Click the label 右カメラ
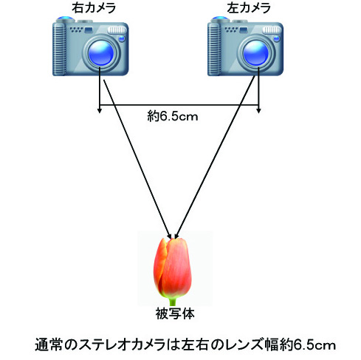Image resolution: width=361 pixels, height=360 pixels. click(x=94, y=8)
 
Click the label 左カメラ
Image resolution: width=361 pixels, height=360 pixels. click(x=249, y=8)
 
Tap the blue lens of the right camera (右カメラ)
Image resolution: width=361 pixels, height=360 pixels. click(x=101, y=53)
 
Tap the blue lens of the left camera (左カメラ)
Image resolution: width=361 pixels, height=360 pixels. click(x=256, y=53)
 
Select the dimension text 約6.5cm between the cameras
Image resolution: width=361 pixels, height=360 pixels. click(x=173, y=116)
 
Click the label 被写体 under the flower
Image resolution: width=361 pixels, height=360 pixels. click(x=175, y=313)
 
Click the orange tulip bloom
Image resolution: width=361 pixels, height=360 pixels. click(x=173, y=268)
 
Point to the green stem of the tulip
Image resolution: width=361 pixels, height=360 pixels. click(x=173, y=301)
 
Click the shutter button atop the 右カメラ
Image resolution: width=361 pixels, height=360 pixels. click(x=65, y=19)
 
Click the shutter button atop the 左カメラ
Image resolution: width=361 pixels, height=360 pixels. click(x=220, y=19)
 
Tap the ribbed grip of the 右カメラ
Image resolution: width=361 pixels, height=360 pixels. click(x=60, y=49)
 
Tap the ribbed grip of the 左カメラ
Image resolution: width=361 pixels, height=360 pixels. click(x=214, y=49)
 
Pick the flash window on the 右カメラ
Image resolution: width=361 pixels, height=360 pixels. click(x=117, y=30)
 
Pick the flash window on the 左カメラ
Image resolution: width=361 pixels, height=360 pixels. click(x=272, y=30)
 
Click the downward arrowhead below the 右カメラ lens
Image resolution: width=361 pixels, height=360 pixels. click(x=100, y=110)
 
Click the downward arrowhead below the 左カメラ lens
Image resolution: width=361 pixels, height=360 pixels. click(x=258, y=110)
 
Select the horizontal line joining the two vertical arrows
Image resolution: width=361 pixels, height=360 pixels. click(x=179, y=105)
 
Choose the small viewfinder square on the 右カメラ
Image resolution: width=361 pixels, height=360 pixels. click(x=89, y=30)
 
